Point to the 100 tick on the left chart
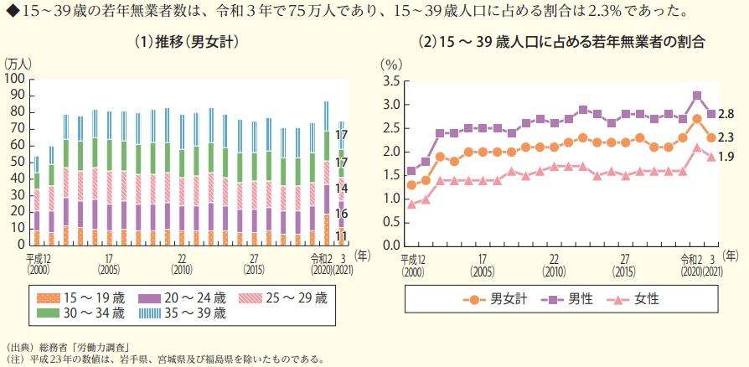coord(14,78)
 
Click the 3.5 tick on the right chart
coord(391,81)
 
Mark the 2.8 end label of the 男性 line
coord(726,113)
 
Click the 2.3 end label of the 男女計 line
coord(726,137)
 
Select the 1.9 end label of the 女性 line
coord(726,157)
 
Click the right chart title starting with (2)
coord(560,42)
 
